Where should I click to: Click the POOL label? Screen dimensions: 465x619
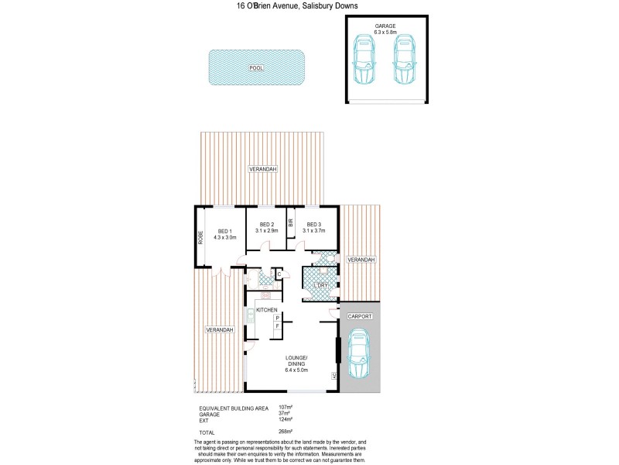click(x=256, y=68)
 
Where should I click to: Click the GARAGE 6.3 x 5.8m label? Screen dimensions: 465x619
click(x=385, y=29)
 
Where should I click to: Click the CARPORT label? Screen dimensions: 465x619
click(x=360, y=317)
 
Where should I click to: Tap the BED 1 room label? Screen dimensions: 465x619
click(x=224, y=234)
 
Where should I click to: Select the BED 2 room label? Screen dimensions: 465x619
click(x=267, y=227)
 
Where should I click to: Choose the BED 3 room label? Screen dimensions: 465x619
click(x=314, y=227)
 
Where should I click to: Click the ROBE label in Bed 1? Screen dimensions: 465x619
click(x=200, y=238)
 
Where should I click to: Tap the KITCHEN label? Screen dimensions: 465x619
click(x=267, y=310)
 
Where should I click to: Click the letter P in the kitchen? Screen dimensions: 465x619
click(x=277, y=318)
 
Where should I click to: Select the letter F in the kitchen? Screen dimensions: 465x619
click(x=277, y=327)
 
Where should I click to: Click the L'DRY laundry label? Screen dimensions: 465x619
click(x=322, y=286)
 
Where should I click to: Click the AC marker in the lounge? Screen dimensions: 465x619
click(x=333, y=377)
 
